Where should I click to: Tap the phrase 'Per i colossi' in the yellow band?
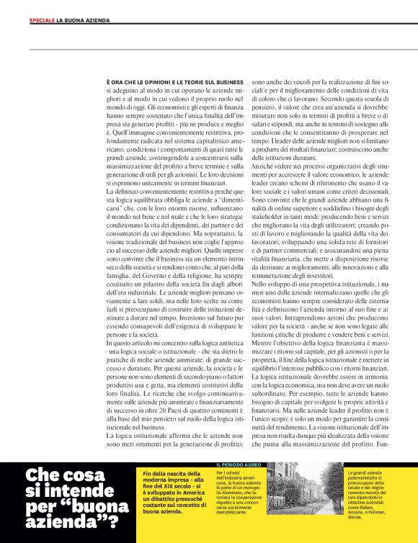click(229, 473)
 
